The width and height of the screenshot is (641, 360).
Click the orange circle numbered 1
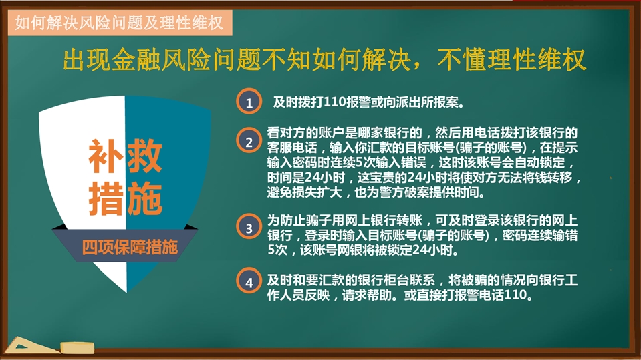point(249,102)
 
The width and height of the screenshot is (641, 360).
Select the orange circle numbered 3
point(249,227)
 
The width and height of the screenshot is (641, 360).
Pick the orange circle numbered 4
point(249,281)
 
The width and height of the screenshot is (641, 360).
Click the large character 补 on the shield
point(106,156)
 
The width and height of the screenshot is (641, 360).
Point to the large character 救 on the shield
point(145,156)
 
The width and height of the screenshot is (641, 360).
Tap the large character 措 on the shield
point(106,198)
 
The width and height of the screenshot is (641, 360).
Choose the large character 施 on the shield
point(145,198)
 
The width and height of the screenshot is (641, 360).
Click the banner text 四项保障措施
point(130,247)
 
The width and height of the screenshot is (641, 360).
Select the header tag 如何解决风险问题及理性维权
point(120,23)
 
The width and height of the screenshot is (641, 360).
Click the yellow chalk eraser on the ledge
point(78,348)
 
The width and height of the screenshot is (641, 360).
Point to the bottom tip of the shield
point(127,293)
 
